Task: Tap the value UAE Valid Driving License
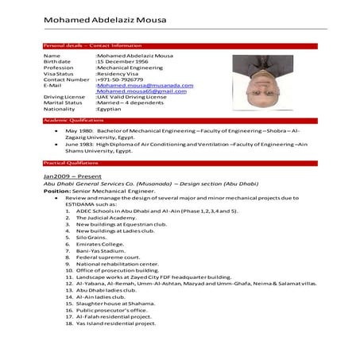[x=132, y=97]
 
